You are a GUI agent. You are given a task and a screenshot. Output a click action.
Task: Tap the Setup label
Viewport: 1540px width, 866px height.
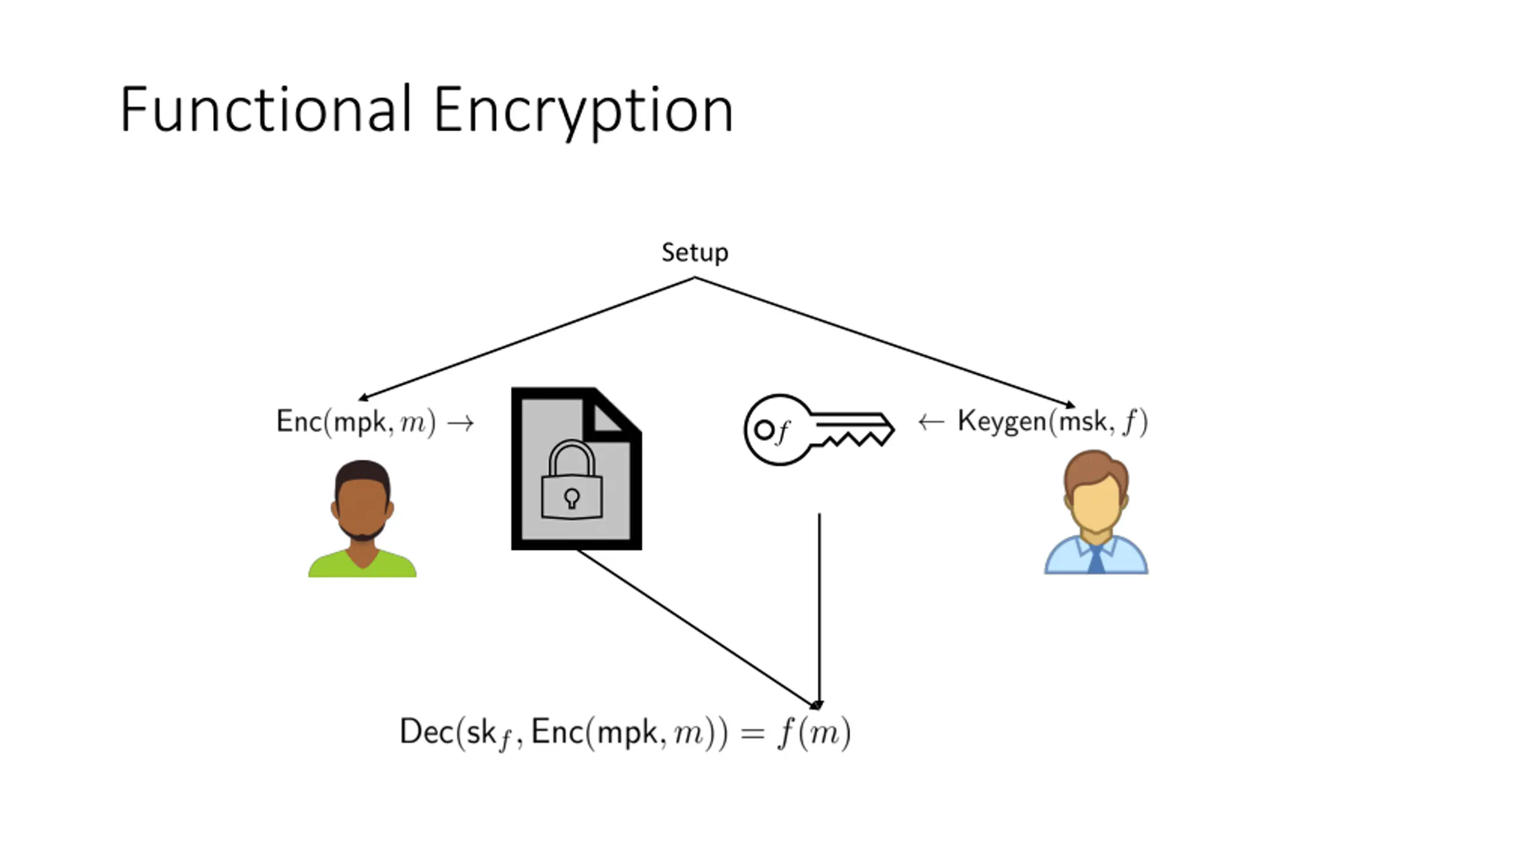(695, 253)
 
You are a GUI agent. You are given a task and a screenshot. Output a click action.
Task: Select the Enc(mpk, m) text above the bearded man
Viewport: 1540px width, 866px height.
(356, 422)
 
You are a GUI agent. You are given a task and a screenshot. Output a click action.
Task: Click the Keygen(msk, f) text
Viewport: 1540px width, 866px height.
(1053, 421)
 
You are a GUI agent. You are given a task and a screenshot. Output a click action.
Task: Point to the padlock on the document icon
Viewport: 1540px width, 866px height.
(571, 479)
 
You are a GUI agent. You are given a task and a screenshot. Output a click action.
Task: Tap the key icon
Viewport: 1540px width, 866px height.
(819, 429)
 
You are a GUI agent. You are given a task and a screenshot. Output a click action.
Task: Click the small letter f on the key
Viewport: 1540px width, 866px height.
(782, 431)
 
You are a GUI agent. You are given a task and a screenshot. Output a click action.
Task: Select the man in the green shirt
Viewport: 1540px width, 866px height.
(362, 518)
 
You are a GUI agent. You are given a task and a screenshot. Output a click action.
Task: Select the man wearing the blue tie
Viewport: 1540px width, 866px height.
(1096, 512)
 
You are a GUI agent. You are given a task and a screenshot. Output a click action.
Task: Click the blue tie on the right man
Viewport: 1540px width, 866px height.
(1096, 559)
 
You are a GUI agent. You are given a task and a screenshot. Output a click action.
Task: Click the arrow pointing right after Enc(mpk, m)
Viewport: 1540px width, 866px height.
(461, 423)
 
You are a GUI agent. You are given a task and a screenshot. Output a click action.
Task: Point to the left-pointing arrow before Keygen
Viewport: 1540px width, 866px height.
(931, 422)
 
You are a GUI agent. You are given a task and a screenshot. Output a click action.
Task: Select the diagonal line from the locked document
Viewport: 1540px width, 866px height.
(698, 629)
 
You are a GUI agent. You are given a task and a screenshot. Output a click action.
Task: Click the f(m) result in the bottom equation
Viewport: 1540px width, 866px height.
(815, 733)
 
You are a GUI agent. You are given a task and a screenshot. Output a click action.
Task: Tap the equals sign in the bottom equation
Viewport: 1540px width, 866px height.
(753, 734)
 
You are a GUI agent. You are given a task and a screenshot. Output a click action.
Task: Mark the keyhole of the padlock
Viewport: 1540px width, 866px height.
(571, 498)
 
